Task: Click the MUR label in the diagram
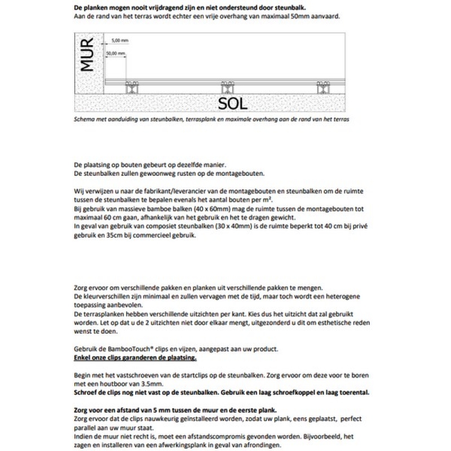click(86, 55)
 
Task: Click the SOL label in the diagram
click(232, 103)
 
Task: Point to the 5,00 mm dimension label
click(120, 41)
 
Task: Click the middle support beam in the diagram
click(228, 87)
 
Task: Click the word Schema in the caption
click(85, 120)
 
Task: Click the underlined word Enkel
click(83, 358)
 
